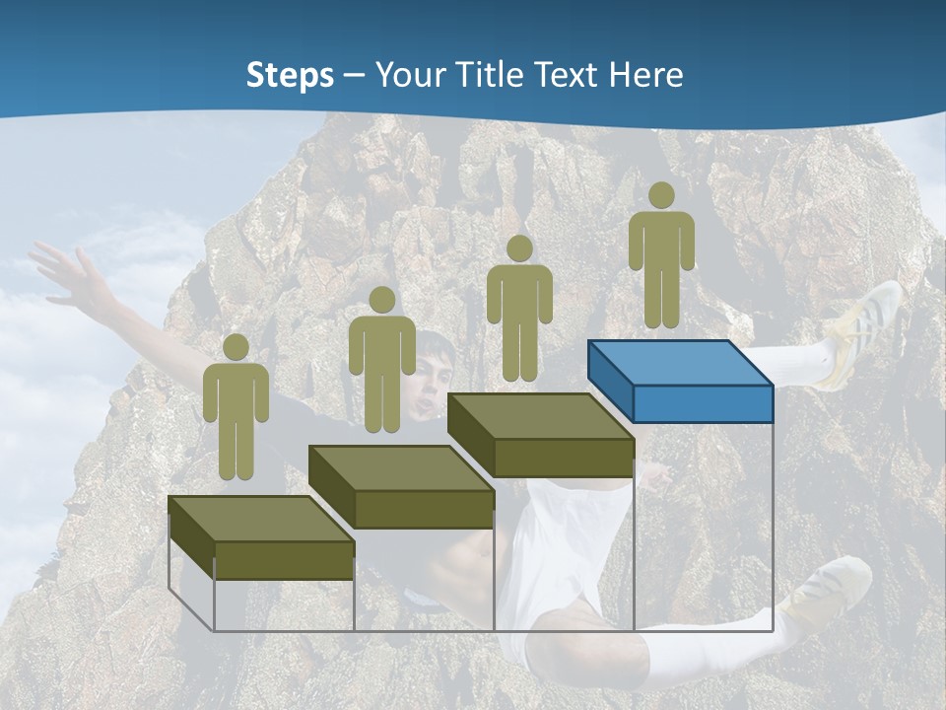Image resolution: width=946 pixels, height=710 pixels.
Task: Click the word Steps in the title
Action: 290,76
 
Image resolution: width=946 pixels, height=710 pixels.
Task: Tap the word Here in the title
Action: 645,75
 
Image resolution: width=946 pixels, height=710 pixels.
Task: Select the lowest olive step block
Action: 261,538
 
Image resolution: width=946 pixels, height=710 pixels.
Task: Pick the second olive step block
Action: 401,487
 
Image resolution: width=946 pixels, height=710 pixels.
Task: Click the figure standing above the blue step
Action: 661,256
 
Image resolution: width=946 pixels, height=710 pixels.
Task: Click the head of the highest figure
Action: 661,195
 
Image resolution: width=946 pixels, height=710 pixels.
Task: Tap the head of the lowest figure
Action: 236,347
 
